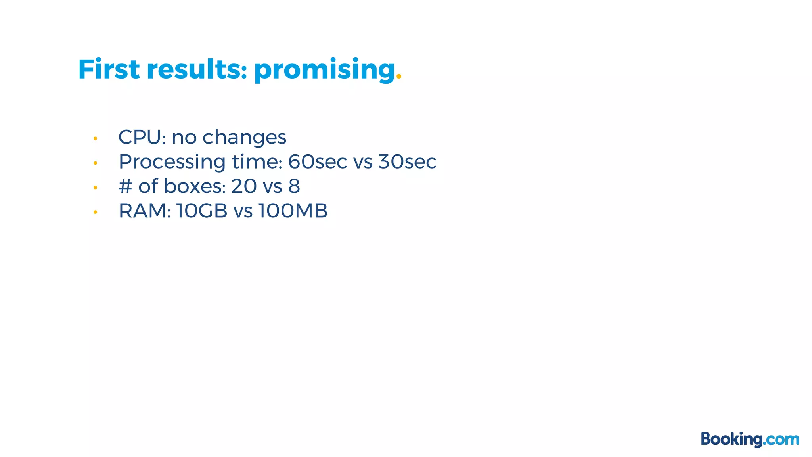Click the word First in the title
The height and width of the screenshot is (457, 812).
coord(109,69)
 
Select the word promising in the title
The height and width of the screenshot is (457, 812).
coord(324,70)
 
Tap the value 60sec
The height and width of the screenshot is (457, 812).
coord(317,162)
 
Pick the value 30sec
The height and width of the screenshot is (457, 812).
coord(407,162)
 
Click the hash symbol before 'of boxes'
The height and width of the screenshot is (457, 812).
coord(125,186)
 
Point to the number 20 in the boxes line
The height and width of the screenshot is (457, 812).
coord(243,186)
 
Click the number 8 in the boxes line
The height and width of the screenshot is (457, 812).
coord(294,186)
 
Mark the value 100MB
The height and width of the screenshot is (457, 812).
coord(293,211)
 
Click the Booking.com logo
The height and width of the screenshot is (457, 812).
coord(750,440)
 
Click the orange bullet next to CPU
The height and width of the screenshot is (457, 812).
coord(95,138)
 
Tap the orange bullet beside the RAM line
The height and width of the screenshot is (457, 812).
coord(95,212)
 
